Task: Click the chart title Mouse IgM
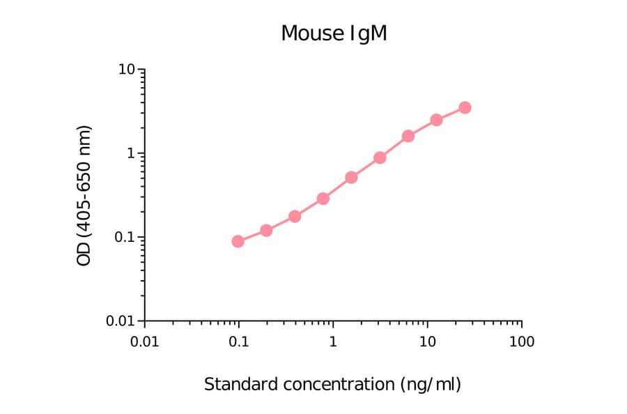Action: click(x=334, y=33)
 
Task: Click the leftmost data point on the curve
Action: click(x=238, y=241)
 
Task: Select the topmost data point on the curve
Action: click(x=465, y=107)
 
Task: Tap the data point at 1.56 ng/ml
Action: click(x=351, y=178)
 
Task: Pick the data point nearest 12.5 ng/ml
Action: click(x=436, y=120)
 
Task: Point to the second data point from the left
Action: click(x=266, y=230)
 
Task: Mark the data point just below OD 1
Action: click(x=380, y=158)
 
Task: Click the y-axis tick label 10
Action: click(x=126, y=70)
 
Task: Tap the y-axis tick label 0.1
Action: click(x=125, y=237)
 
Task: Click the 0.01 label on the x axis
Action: click(x=144, y=342)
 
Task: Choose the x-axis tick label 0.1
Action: click(x=238, y=342)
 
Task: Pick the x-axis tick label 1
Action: click(x=333, y=342)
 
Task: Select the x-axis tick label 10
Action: click(x=427, y=342)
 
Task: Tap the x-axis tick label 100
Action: click(x=522, y=342)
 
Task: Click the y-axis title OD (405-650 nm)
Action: click(x=84, y=195)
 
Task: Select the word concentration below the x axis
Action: click(x=333, y=384)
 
